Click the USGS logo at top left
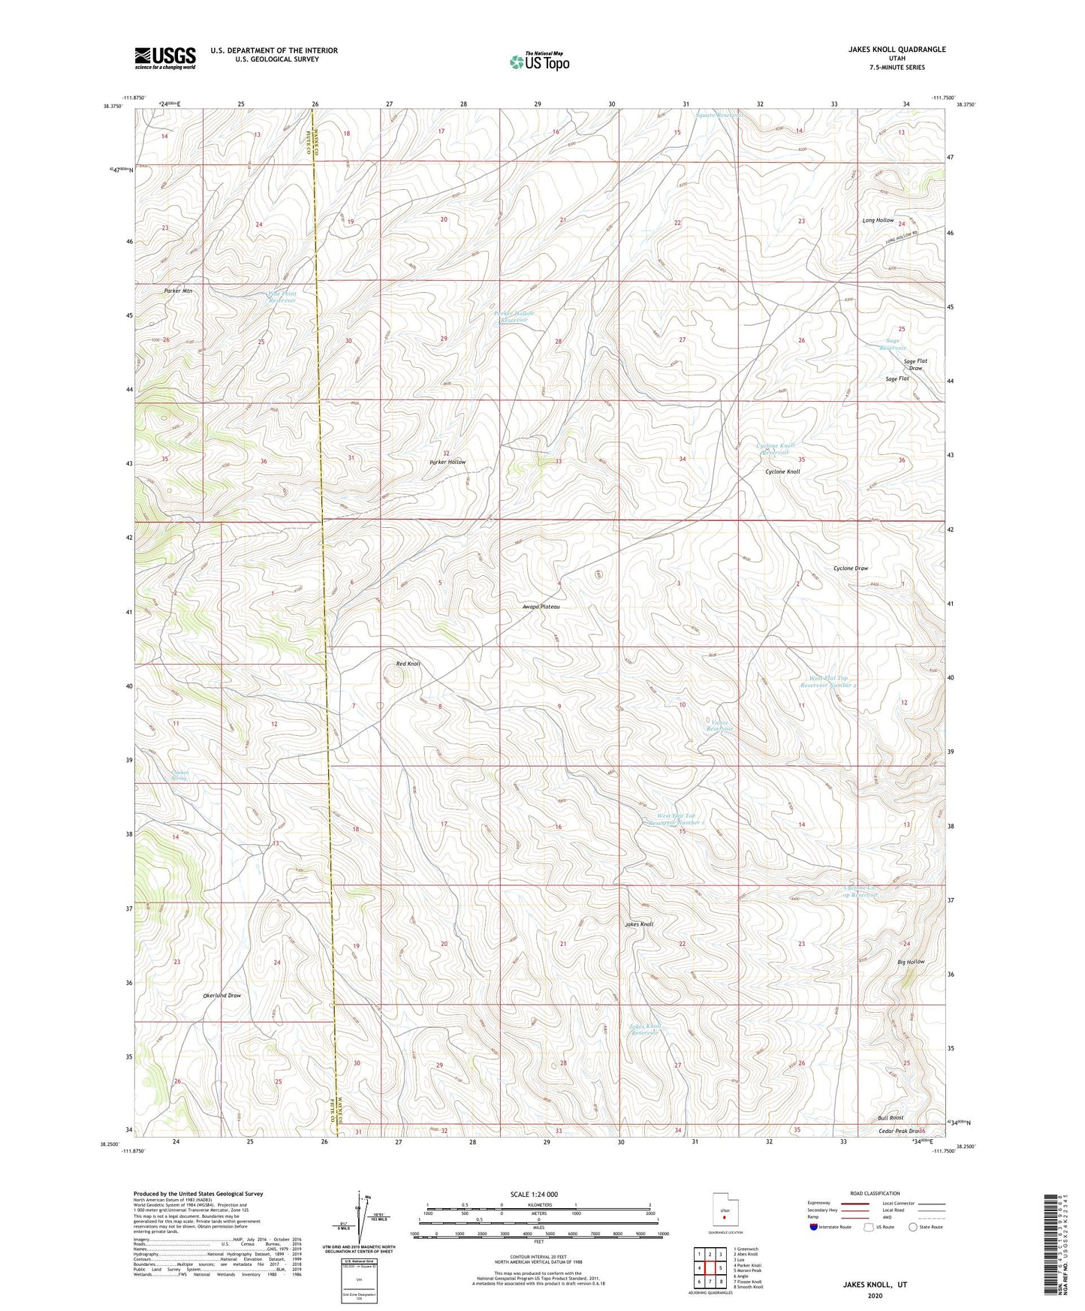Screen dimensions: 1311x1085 pyautogui.click(x=165, y=57)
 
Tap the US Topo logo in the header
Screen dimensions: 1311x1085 pyautogui.click(x=538, y=62)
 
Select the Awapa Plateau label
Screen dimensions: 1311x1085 pyautogui.click(x=541, y=606)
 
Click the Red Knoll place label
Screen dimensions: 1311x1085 pyautogui.click(x=408, y=664)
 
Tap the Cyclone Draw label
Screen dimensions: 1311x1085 pyautogui.click(x=850, y=568)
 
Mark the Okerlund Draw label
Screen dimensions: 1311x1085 pyautogui.click(x=222, y=996)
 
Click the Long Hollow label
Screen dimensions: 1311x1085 pyautogui.click(x=878, y=220)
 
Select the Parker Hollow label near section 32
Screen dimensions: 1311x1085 pyautogui.click(x=448, y=462)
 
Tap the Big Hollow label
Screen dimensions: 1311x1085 pyautogui.click(x=911, y=962)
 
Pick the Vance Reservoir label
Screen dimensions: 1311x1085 pyautogui.click(x=719, y=726)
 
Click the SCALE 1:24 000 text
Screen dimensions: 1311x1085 pyautogui.click(x=534, y=1194)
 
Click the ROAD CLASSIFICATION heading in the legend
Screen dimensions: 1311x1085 pyautogui.click(x=875, y=1193)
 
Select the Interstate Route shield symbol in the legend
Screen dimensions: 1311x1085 pyautogui.click(x=814, y=1227)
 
